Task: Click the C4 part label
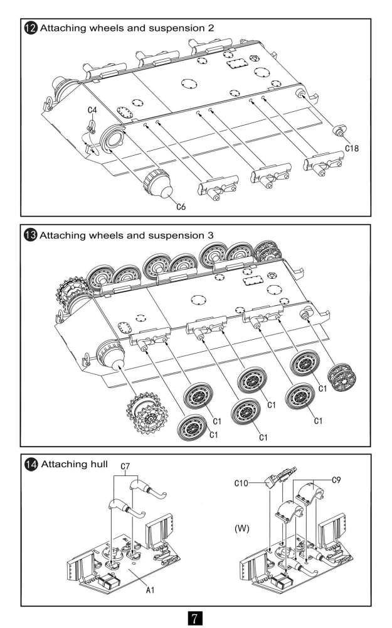click(92, 110)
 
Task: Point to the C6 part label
click(181, 206)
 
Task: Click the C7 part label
click(125, 467)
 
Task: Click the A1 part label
click(151, 591)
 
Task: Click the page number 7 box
click(196, 617)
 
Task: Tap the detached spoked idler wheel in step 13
click(343, 377)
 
